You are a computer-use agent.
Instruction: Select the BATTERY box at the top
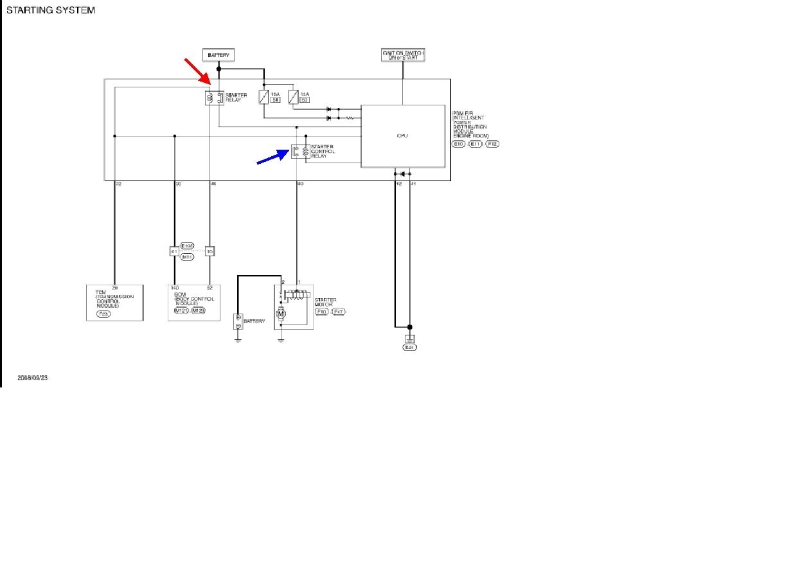tap(218, 55)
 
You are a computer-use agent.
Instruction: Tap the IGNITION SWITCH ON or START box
tap(403, 55)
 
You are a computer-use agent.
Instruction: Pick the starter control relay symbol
tap(300, 152)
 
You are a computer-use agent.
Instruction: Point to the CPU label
tap(403, 136)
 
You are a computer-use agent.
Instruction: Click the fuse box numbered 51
tap(276, 100)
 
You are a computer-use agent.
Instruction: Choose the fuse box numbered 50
tap(304, 100)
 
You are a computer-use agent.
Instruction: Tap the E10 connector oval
tap(458, 144)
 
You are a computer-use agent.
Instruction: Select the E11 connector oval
tap(476, 144)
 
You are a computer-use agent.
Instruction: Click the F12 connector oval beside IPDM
tap(492, 144)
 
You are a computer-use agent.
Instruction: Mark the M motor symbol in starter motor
tap(280, 314)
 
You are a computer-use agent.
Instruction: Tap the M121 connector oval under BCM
tap(181, 311)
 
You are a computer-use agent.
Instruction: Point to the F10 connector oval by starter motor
tap(322, 312)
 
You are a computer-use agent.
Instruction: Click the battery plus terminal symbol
tap(238, 317)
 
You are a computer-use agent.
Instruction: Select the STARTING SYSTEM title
tap(51, 10)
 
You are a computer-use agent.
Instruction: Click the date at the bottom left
tap(33, 378)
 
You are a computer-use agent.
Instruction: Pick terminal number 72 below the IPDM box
tap(118, 184)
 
